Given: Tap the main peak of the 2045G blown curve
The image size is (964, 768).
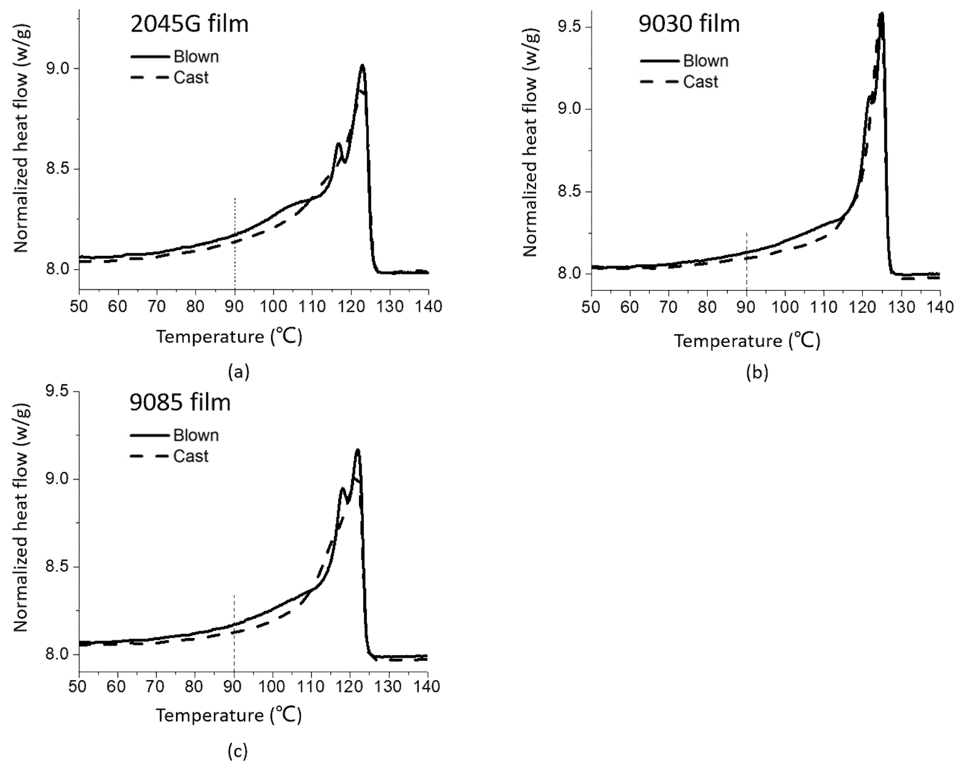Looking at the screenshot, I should (x=362, y=67).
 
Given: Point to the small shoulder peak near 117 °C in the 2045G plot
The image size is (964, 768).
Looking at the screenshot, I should (x=338, y=144).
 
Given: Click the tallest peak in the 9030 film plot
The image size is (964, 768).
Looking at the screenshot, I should (x=881, y=14).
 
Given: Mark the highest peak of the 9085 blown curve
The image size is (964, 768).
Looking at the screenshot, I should (x=357, y=451).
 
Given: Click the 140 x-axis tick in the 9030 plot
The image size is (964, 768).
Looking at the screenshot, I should (x=940, y=308).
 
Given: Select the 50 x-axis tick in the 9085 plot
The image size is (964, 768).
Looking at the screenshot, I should (x=79, y=686).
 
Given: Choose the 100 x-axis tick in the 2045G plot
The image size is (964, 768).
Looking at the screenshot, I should (x=274, y=307).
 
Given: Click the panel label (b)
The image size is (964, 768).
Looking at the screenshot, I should (x=757, y=372).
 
